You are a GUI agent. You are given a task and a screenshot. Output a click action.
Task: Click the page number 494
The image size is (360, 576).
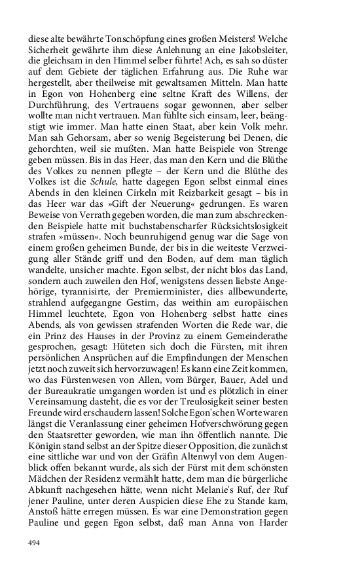coord(34,543)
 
